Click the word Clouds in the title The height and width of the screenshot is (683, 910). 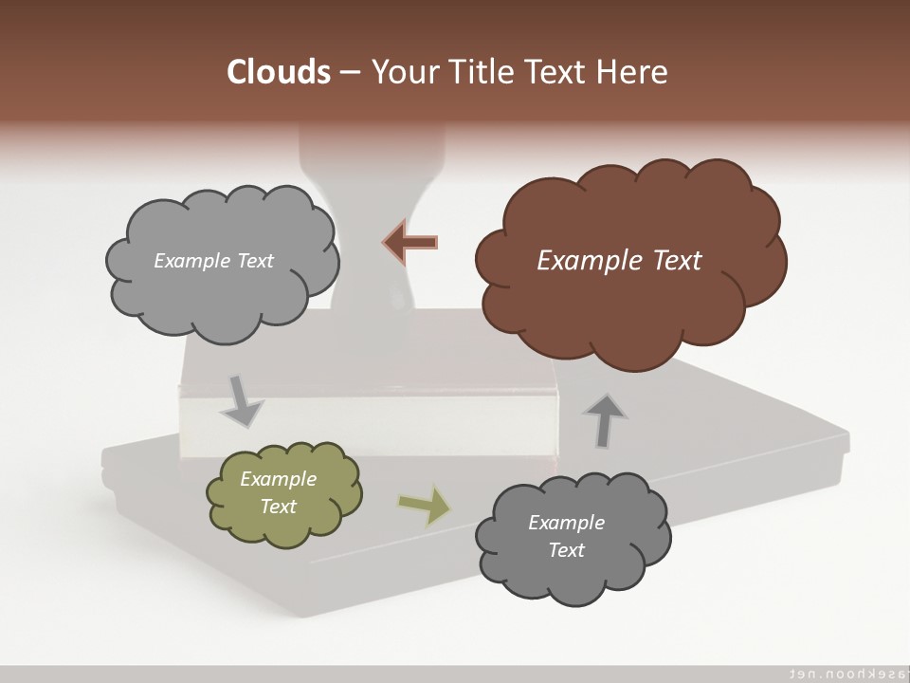coord(279,72)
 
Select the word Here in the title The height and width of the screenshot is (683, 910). coord(634,72)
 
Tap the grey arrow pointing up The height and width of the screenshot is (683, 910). coord(605,420)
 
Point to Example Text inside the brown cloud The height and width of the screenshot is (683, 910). coord(619,261)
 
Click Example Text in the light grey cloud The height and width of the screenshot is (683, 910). coord(213,261)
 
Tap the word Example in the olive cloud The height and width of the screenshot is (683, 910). coord(278,479)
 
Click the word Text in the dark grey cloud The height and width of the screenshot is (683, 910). coord(566,550)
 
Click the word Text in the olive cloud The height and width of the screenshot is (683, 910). coord(278,507)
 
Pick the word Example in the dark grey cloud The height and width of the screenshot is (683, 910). coord(566,523)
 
